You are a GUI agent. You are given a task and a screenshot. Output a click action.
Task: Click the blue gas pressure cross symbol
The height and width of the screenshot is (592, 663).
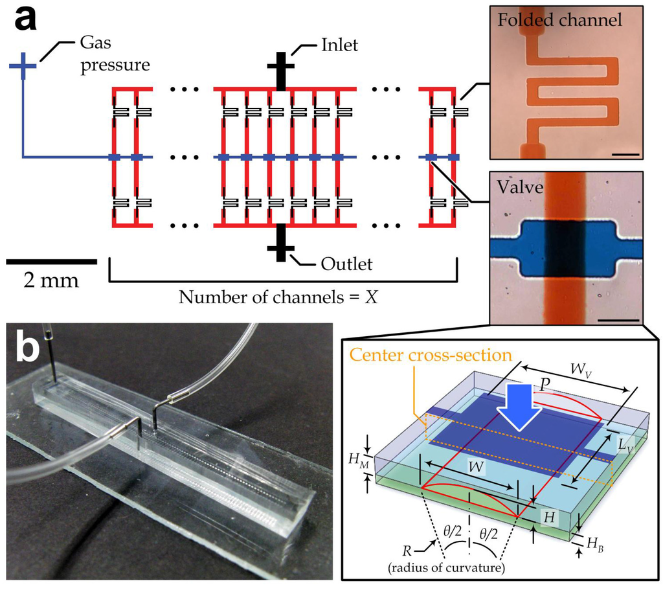(x=23, y=66)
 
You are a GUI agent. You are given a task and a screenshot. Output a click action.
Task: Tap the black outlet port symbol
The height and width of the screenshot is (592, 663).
(x=280, y=247)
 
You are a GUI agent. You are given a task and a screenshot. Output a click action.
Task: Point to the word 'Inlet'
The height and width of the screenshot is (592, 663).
(x=339, y=47)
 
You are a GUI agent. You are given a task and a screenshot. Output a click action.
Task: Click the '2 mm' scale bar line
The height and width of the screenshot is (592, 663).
(x=51, y=261)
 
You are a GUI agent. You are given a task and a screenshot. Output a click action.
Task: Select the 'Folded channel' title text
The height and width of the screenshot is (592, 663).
(x=560, y=20)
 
